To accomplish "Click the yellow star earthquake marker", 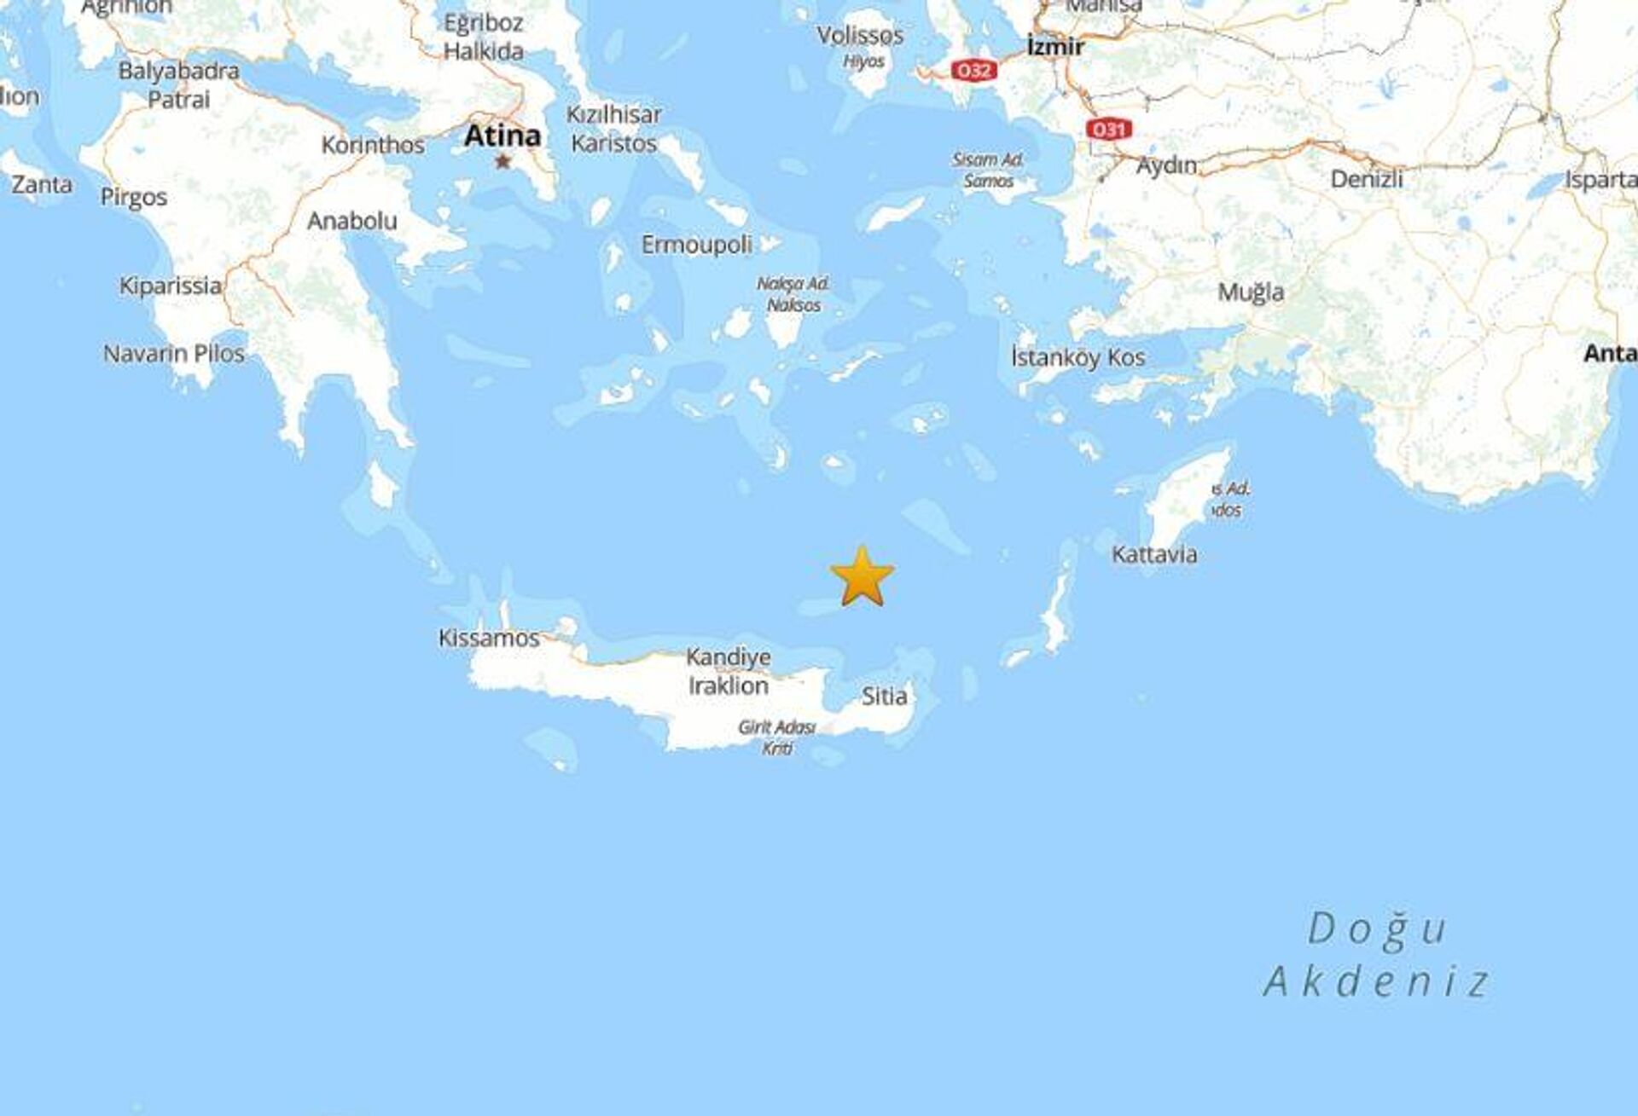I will pos(863,577).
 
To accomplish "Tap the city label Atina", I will pos(502,136).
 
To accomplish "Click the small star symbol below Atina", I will pos(502,160).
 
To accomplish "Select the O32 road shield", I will pos(974,71).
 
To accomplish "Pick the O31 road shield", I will pos(1108,130).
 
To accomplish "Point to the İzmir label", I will pos(1055,46).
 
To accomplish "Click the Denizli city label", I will pos(1367,179).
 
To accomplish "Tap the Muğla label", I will pos(1251,292).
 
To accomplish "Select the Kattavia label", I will pos(1154,555).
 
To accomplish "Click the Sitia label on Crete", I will pos(884,697).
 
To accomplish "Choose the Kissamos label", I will pos(489,639).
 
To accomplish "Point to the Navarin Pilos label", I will pos(174,354).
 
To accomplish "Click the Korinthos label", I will pos(373,145).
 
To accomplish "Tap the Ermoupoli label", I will pos(697,246).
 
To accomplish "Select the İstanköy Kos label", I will pos(1077,358).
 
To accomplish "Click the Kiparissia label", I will pos(171,286).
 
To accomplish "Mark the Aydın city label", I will pos(1166,165).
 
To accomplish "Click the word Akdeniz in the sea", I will pos(1376,981).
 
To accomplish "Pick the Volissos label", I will pos(860,36).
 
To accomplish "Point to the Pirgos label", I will pos(134,198).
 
